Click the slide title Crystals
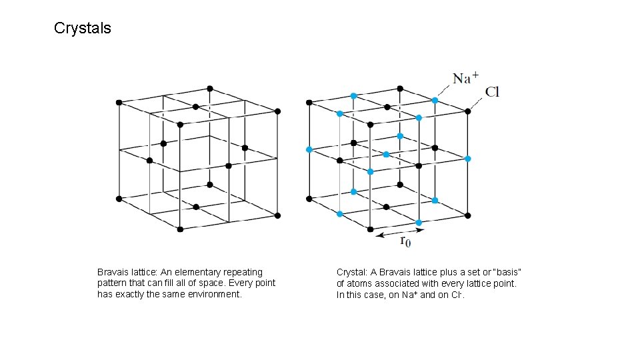[x=82, y=29]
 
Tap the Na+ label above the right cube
[x=465, y=78]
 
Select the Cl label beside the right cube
[x=492, y=92]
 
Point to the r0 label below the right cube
[x=405, y=242]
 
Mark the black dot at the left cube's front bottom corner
[x=180, y=229]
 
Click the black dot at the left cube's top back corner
[x=210, y=88]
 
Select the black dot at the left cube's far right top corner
[x=277, y=111]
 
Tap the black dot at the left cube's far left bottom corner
[x=119, y=199]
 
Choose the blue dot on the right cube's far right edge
[x=468, y=159]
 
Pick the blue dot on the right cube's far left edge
[x=309, y=149]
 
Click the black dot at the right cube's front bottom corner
[x=371, y=229]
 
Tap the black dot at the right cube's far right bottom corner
[x=468, y=215]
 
